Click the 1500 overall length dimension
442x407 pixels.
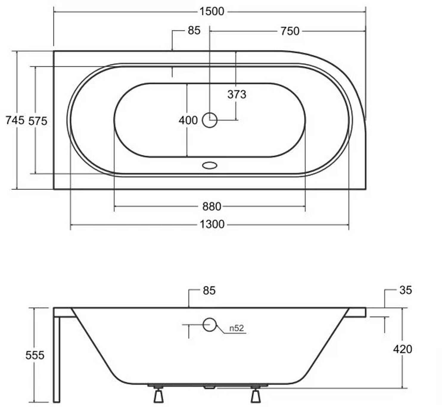[211, 11]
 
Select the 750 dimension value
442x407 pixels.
[290, 31]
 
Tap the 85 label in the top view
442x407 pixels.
[194, 30]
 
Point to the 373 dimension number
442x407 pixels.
[237, 94]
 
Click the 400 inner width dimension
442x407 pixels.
[188, 120]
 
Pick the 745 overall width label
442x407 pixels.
[15, 120]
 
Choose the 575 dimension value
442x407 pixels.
[38, 121]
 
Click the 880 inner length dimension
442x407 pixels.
[211, 206]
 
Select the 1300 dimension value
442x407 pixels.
[212, 224]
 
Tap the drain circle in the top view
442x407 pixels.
[210, 120]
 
